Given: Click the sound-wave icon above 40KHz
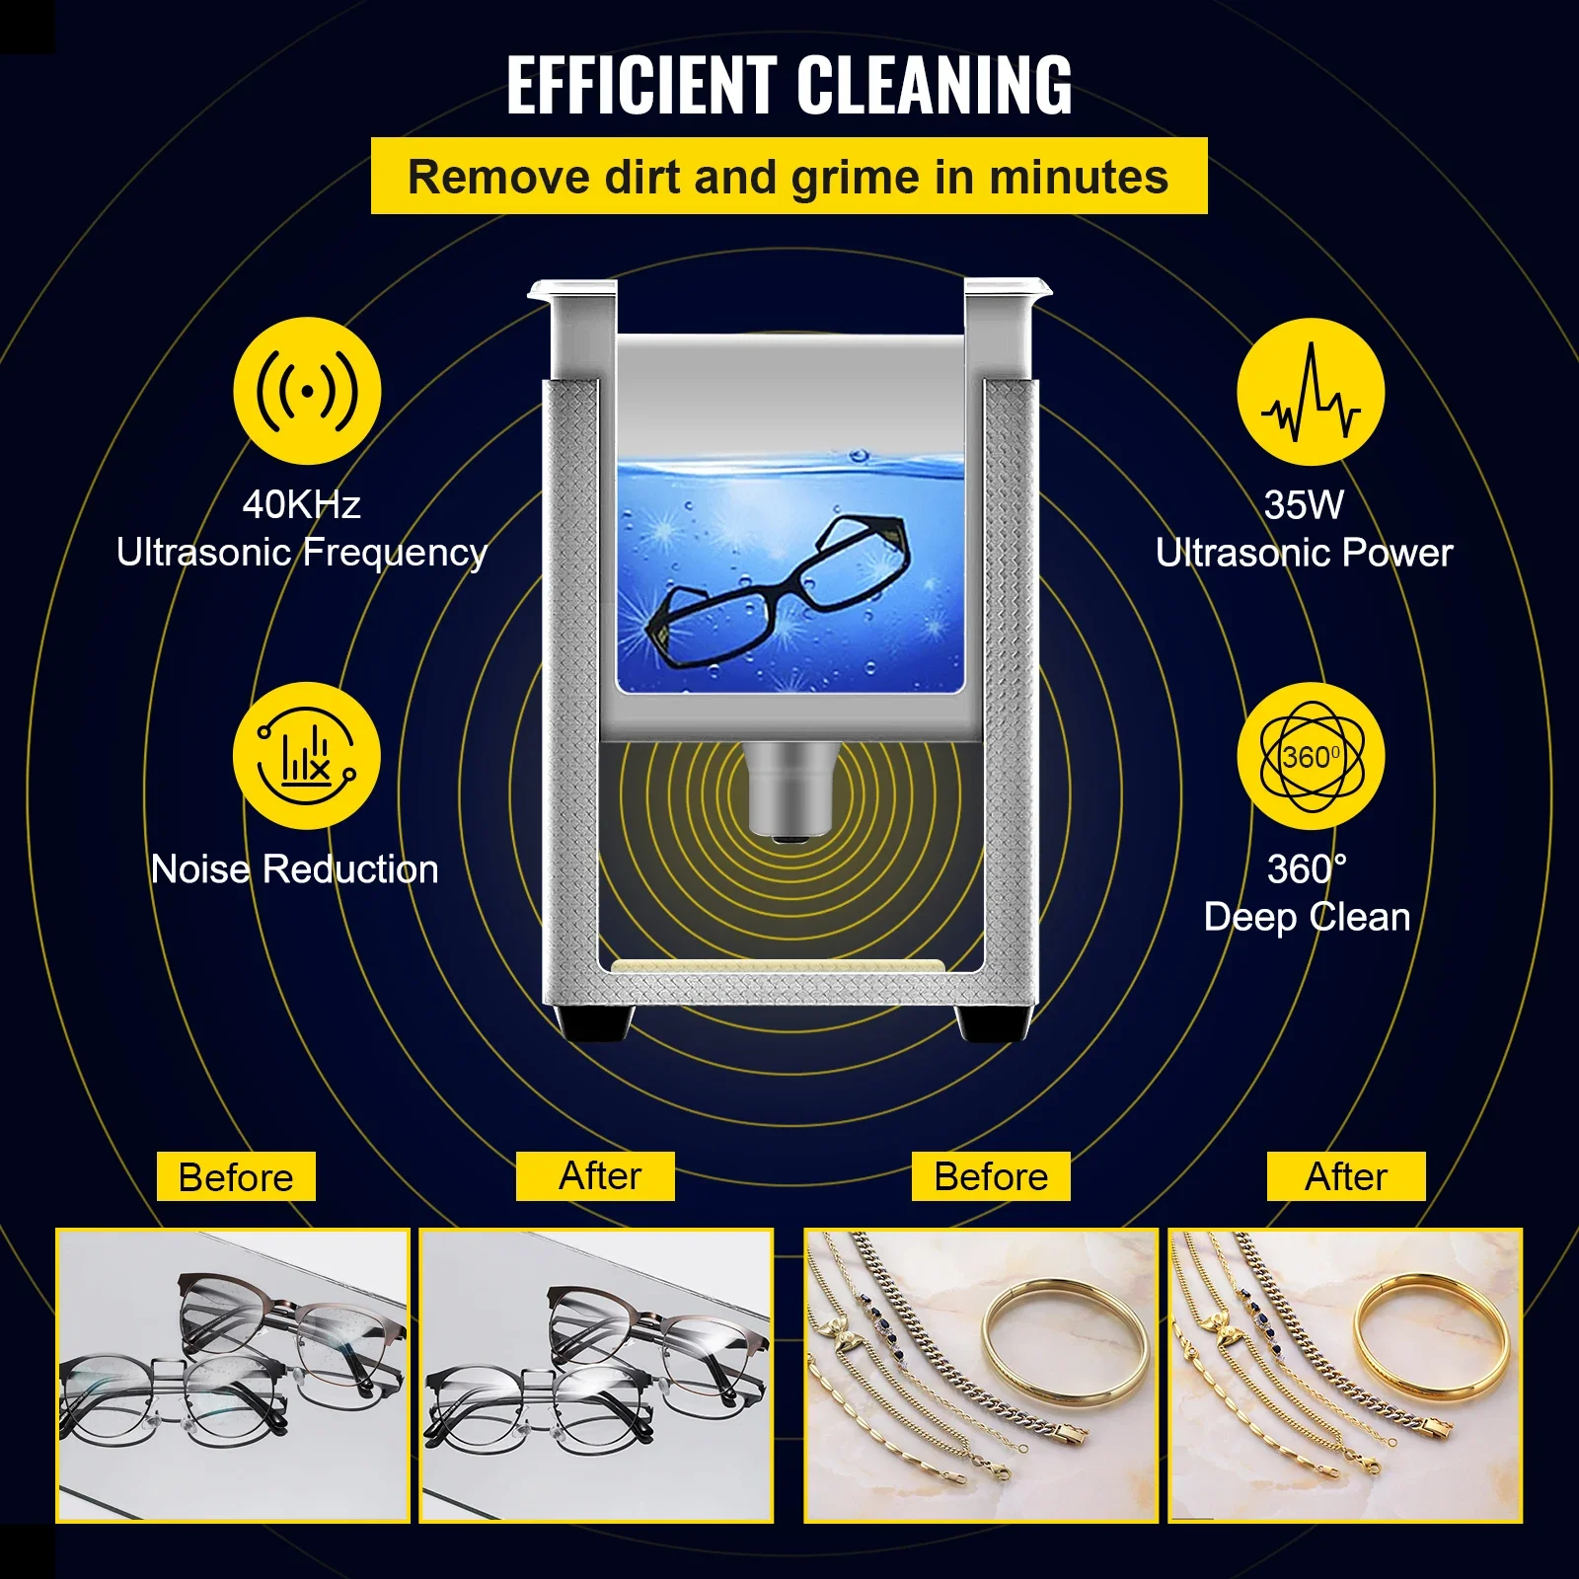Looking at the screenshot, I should pyautogui.click(x=307, y=391).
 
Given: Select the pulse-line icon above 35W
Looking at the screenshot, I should pyautogui.click(x=1311, y=392).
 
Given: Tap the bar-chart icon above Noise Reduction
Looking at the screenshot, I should pyautogui.click(x=307, y=756).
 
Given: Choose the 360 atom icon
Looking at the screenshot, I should pyautogui.click(x=1311, y=757).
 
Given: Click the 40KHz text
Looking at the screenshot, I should pyautogui.click(x=301, y=504).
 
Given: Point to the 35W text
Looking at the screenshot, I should pyautogui.click(x=1304, y=504).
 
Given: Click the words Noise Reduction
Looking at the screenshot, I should pyautogui.click(x=294, y=869).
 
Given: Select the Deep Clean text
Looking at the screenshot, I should pyautogui.click(x=1307, y=917).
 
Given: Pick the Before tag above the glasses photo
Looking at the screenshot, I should pyautogui.click(x=236, y=1176).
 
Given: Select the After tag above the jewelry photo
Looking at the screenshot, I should pyautogui.click(x=1346, y=1176).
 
